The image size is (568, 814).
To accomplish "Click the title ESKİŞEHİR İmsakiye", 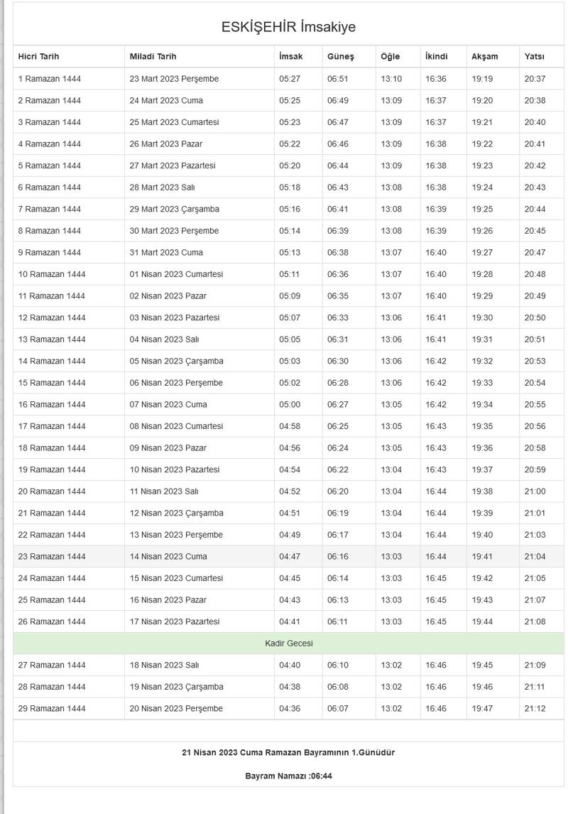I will pos(288,27).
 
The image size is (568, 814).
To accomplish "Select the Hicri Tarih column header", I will pos(38,57).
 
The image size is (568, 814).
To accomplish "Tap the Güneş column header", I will pos(340,57).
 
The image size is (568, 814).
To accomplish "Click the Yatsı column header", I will pos(534,57).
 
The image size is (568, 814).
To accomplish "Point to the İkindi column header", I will pos(436,57).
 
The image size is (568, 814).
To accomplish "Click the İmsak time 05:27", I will pos(290,79).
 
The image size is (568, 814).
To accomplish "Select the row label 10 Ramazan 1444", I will pos(51,274).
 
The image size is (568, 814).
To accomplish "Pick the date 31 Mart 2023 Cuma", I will pos(165,252).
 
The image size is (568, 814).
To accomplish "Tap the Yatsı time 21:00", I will pos(535,492).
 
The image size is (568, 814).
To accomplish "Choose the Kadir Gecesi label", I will pos(288,644).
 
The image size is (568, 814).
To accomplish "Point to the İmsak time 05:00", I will pos(290,404).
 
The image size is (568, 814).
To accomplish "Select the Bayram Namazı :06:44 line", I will pos(288,776).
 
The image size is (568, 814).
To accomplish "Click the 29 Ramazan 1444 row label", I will pos(51,708).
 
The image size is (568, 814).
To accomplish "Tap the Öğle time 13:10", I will pos(390,79).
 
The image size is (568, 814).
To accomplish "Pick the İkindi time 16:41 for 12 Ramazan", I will pos(436,318).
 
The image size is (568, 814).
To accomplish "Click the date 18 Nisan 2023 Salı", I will pos(164,665).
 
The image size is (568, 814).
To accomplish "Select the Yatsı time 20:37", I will pos(535,79).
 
